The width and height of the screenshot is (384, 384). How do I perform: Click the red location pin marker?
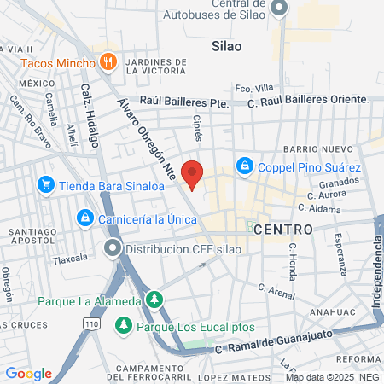point(194,174)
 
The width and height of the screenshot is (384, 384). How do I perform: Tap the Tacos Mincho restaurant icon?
point(108,61)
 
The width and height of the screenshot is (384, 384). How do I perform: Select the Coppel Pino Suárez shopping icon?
point(245,165)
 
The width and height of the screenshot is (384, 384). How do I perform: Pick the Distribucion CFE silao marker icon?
point(112,249)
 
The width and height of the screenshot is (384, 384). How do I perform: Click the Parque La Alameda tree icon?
point(154,300)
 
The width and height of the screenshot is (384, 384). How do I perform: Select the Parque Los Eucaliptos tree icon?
point(124,325)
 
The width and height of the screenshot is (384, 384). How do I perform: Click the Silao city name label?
point(226,46)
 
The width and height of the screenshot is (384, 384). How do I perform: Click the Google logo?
point(28,374)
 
